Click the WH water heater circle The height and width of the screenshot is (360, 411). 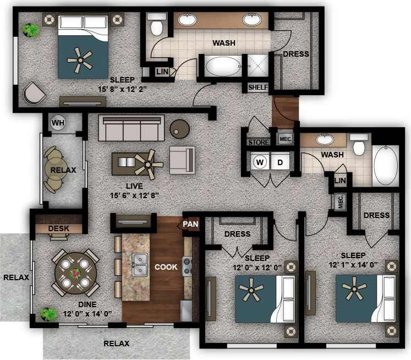pos(58,123)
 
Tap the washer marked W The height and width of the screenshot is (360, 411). pos(260,162)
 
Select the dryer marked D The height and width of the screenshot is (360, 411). pos(280,162)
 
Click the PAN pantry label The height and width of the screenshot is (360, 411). pos(191,224)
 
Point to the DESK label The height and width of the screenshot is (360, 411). pos(58,228)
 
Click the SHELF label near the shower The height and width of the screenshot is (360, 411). pos(257,88)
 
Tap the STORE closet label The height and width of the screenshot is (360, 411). pos(259,143)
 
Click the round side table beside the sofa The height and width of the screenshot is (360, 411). pos(179,129)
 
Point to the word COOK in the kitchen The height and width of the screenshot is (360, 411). pos(166,267)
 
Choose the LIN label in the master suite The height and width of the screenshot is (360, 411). pos(162,72)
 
